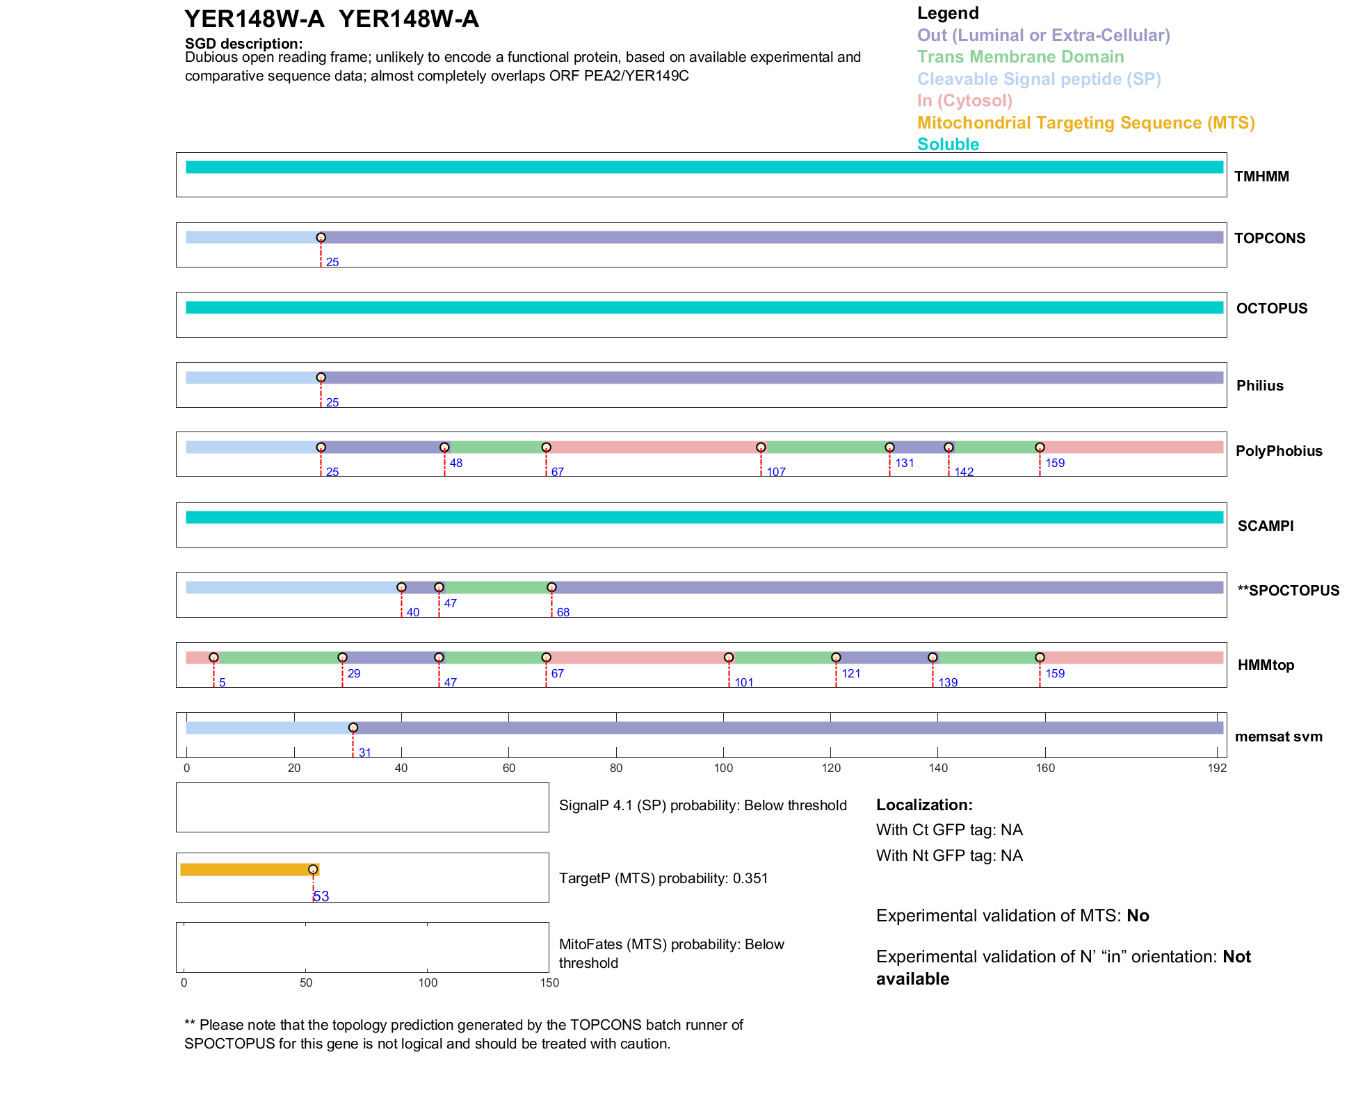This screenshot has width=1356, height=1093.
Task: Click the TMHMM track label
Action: (x=1261, y=176)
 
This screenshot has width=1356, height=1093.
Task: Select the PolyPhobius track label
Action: (x=1278, y=451)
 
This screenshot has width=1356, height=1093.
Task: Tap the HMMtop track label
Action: (x=1266, y=665)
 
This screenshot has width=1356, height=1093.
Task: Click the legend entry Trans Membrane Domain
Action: (x=1020, y=57)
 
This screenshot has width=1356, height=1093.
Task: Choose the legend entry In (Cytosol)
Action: (x=964, y=101)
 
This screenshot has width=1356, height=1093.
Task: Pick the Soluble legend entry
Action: (x=948, y=145)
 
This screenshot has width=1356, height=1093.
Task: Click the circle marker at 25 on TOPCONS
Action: (x=321, y=238)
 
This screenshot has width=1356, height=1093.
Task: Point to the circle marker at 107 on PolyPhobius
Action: (x=761, y=447)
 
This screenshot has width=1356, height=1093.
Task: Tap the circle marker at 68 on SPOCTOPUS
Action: (x=551, y=588)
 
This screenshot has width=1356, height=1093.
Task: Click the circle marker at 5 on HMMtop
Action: (x=213, y=657)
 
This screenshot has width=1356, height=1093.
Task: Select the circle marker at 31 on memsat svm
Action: (x=353, y=728)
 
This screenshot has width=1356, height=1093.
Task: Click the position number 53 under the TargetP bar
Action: (x=321, y=896)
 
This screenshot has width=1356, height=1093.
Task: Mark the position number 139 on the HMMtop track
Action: (x=948, y=682)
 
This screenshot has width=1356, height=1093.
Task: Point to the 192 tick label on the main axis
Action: (x=1217, y=768)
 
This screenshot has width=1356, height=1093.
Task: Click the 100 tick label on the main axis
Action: (x=723, y=768)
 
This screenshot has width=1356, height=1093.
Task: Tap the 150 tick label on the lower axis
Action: (x=549, y=983)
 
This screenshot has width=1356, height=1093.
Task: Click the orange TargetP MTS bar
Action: (x=248, y=869)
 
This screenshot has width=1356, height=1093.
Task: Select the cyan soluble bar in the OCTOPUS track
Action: (x=704, y=308)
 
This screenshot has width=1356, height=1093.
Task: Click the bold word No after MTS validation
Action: (x=1138, y=916)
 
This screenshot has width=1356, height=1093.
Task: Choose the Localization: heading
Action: (x=924, y=805)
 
